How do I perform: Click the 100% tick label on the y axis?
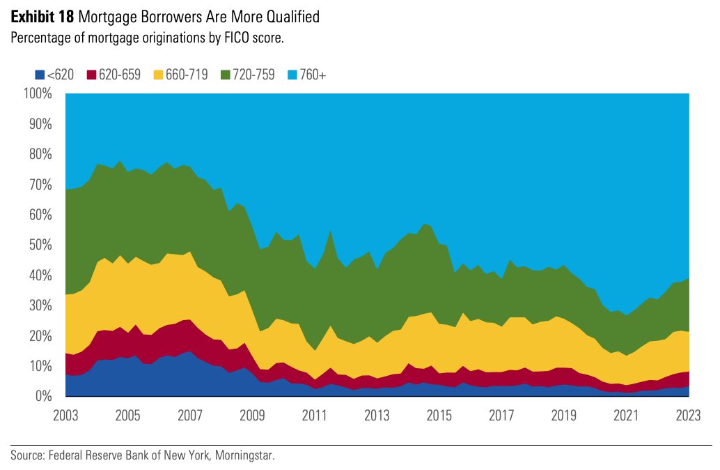pos(37,93)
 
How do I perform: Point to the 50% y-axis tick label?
pos(40,245)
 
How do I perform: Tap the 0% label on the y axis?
pos(43,396)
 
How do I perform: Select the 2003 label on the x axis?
pos(65,416)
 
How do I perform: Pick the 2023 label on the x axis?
pos(688,416)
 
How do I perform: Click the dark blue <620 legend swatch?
pos(39,75)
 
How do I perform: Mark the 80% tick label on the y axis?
pos(40,154)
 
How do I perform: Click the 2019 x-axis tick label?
pos(563,416)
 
